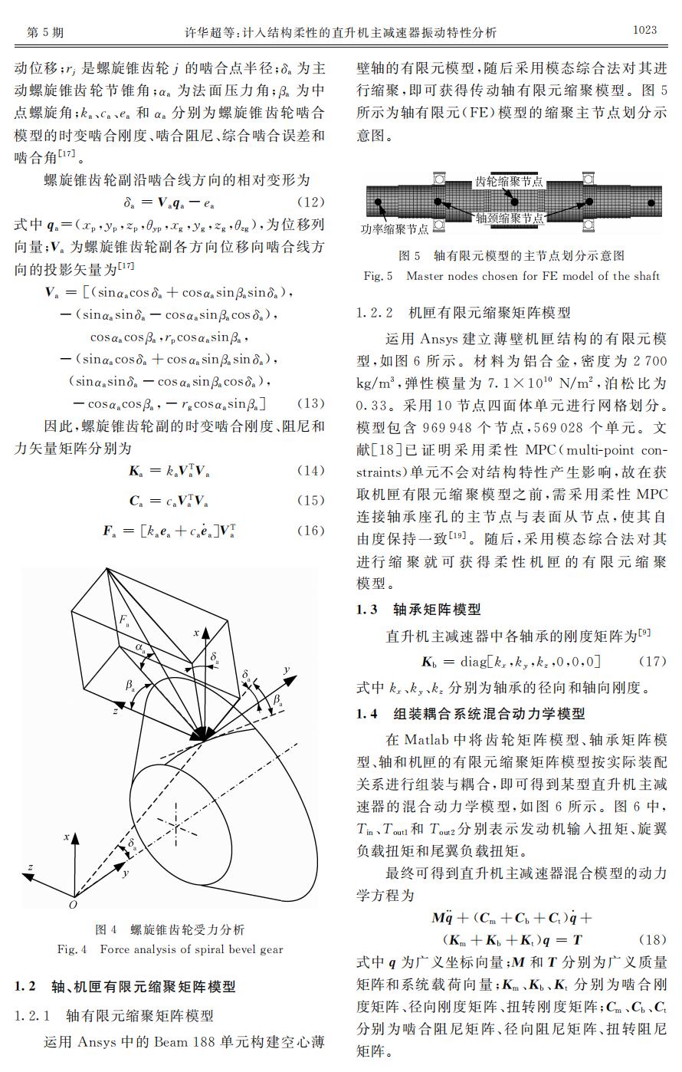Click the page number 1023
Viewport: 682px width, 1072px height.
tap(644, 30)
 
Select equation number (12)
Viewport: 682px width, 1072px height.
tap(310, 203)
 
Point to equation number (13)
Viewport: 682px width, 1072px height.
tap(310, 403)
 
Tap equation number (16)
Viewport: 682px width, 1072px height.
tap(310, 531)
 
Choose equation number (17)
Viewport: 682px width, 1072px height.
tap(652, 660)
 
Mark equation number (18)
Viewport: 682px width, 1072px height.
tap(652, 939)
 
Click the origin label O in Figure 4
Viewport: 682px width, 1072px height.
tap(74, 905)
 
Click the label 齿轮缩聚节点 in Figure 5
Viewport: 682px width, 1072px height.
tap(510, 182)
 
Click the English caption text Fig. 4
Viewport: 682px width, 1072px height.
tap(73, 949)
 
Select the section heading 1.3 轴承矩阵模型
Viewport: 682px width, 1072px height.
tap(418, 610)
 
